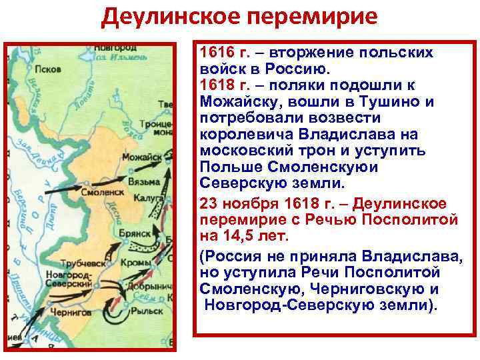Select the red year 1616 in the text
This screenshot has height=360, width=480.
tap(215, 52)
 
